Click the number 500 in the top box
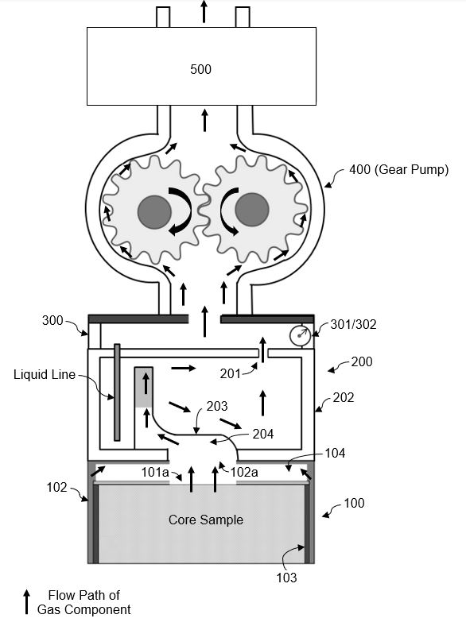(x=200, y=70)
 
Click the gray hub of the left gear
(x=153, y=211)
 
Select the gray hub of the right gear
(x=251, y=210)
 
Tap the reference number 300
(x=52, y=321)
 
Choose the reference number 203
(x=217, y=407)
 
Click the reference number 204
(x=262, y=434)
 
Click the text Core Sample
(x=205, y=520)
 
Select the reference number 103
(x=286, y=578)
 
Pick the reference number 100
(x=355, y=504)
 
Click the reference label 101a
(x=155, y=471)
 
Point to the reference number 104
(x=335, y=454)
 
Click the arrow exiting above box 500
(x=204, y=11)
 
